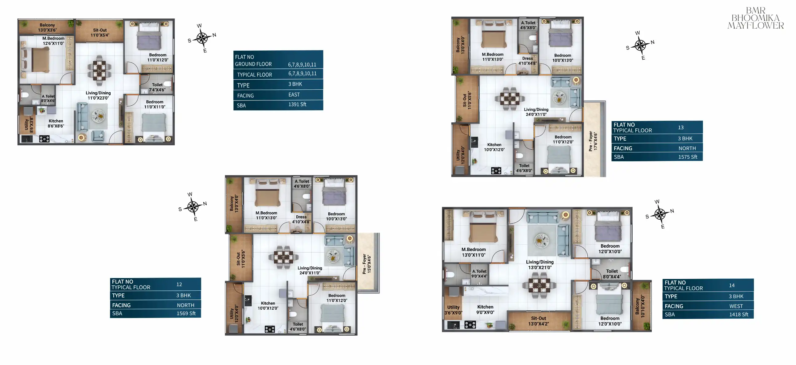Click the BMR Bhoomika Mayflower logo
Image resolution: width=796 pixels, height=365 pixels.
(755, 18)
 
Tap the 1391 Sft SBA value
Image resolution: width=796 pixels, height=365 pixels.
(297, 104)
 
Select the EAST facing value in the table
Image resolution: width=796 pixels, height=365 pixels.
(294, 95)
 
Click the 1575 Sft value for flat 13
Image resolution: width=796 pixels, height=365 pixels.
(688, 157)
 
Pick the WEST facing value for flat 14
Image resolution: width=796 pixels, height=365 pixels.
(736, 306)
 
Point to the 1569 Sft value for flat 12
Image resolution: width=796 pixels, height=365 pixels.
(186, 313)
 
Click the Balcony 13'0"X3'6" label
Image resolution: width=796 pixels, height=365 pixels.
(47, 28)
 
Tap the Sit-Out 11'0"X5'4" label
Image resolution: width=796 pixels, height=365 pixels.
(100, 33)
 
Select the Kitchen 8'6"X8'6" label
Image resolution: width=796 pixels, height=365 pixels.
(56, 124)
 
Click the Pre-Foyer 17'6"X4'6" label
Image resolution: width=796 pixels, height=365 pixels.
(593, 141)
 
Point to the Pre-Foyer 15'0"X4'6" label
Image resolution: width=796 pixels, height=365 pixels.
(367, 264)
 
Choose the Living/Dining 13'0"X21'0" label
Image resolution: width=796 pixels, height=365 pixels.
(540, 265)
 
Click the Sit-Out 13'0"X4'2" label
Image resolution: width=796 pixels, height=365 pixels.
(539, 321)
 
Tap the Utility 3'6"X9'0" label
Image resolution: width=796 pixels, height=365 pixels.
(453, 310)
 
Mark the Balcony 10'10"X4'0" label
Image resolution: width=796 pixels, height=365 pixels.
(640, 306)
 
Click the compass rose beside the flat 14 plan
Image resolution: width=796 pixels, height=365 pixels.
(660, 214)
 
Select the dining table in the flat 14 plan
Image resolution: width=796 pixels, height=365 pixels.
(539, 285)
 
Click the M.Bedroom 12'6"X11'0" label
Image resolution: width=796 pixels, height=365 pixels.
(53, 41)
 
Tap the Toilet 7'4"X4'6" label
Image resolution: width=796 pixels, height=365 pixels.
(157, 88)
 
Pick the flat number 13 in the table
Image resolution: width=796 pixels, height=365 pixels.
(681, 127)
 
